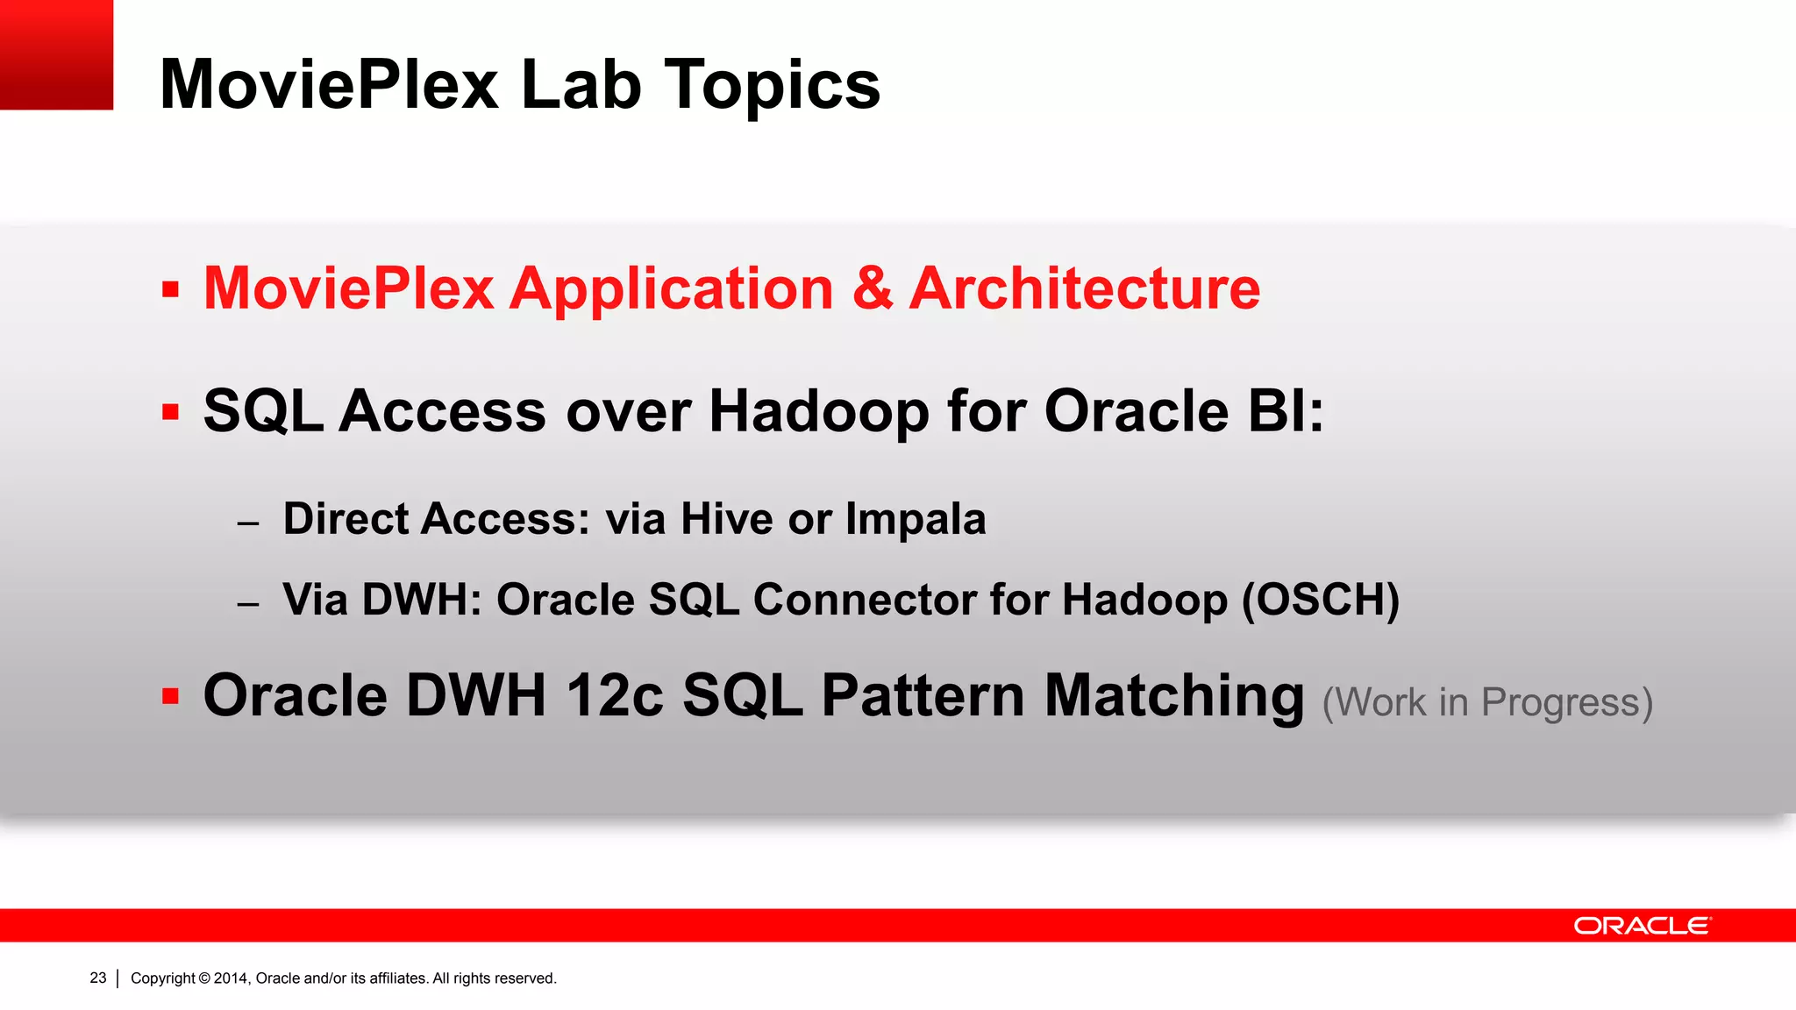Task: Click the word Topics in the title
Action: pyautogui.click(x=772, y=86)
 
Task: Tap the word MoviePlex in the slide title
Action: pyautogui.click(x=329, y=86)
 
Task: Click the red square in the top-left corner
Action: pyautogui.click(x=56, y=54)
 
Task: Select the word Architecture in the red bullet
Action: pyautogui.click(x=1084, y=289)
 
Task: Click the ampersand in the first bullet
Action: pyautogui.click(x=873, y=289)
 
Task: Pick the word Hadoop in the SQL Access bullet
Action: pyautogui.click(x=818, y=411)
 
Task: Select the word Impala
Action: pyautogui.click(x=916, y=519)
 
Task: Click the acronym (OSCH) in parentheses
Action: pyautogui.click(x=1321, y=601)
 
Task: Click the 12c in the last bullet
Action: pyautogui.click(x=614, y=696)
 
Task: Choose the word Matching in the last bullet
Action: pyautogui.click(x=1174, y=696)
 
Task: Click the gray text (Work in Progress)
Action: pyautogui.click(x=1486, y=703)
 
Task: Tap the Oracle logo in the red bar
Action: pyautogui.click(x=1641, y=926)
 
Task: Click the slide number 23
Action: pyautogui.click(x=98, y=978)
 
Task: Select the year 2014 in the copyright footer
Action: pyautogui.click(x=231, y=978)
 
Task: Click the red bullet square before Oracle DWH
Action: pyautogui.click(x=171, y=697)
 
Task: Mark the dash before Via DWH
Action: pyautogui.click(x=248, y=604)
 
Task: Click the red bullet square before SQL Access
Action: pyautogui.click(x=171, y=412)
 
